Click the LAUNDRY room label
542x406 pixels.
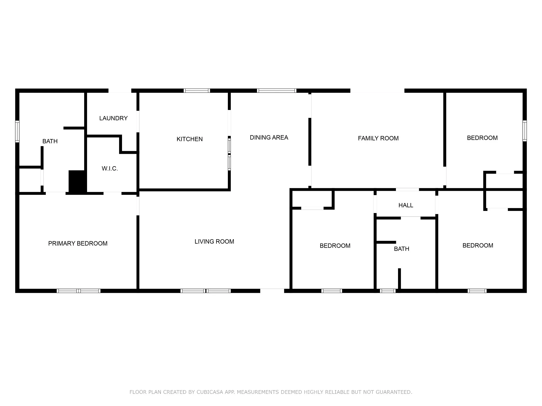point(114,118)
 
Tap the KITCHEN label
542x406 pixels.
point(189,139)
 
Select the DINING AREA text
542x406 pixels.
point(269,137)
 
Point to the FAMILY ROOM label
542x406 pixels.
point(378,138)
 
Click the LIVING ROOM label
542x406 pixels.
point(214,242)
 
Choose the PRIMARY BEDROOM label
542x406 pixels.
point(78,243)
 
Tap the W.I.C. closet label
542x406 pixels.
point(110,169)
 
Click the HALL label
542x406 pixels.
point(406,205)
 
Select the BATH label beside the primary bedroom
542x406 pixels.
point(50,141)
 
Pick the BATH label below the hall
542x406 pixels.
point(401,249)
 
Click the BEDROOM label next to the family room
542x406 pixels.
point(482,138)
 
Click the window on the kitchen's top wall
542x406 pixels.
point(197,91)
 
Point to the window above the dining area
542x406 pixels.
point(277,91)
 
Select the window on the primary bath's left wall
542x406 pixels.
point(17,131)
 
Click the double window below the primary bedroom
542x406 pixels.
point(79,291)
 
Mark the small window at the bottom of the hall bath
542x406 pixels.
point(388,291)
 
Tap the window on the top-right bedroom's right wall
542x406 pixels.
point(525,131)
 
